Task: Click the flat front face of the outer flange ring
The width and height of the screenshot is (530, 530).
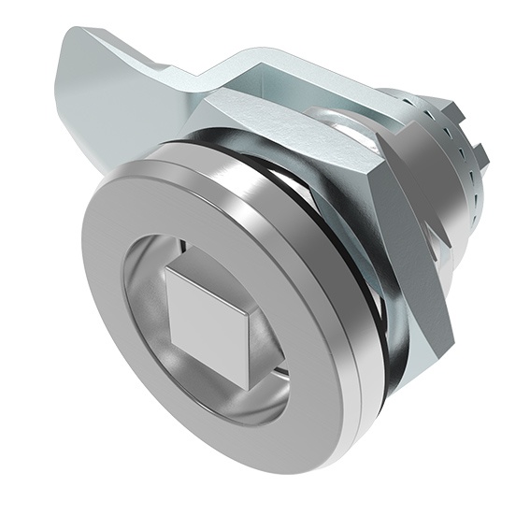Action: [x=122, y=374]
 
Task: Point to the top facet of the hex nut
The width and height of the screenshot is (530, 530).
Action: [x=243, y=107]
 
